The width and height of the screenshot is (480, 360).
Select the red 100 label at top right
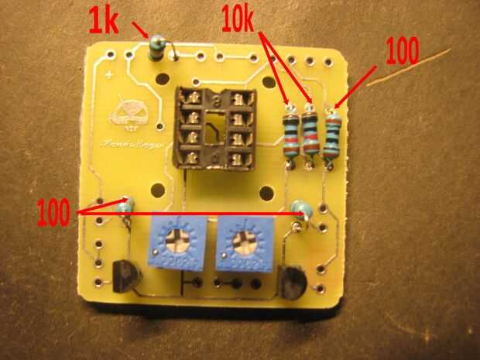(402, 51)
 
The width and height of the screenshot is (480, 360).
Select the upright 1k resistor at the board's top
(157, 48)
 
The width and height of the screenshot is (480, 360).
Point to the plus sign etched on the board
(113, 75)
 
